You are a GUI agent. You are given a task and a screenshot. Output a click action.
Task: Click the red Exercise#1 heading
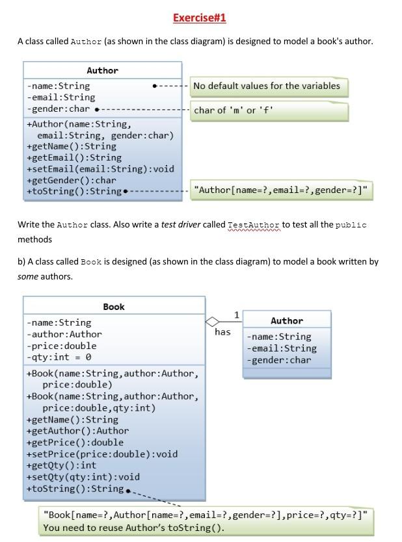point(200,18)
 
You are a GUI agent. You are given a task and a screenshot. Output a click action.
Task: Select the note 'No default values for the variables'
point(266,86)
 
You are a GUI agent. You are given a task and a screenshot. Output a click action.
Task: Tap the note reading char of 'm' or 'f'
point(234,110)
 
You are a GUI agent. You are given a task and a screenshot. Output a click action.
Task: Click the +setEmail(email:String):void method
point(100,169)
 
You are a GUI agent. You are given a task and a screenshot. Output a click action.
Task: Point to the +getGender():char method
point(71,180)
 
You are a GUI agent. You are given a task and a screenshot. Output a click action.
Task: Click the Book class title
point(113,307)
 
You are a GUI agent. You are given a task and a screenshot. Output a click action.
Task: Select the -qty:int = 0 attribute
point(59,357)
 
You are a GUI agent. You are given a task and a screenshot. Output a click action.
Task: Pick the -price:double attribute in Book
point(61,346)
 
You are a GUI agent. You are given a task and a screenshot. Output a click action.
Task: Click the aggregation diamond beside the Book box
point(213,321)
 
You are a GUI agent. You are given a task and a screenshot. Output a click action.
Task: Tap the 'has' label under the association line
point(222,332)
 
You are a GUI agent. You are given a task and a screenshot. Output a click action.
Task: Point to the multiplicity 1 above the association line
point(236,315)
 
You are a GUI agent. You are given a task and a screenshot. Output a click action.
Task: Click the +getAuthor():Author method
point(77,430)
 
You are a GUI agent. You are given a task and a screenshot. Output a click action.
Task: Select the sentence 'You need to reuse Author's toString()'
point(133,528)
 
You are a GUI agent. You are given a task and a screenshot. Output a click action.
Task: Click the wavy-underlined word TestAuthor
point(254,225)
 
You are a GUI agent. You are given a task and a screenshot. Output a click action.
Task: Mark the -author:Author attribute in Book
point(64,334)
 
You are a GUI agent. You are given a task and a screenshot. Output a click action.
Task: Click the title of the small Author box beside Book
point(287,320)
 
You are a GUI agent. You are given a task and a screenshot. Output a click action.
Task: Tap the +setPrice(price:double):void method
point(101,454)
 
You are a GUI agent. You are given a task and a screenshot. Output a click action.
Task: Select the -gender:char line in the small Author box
point(279,360)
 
